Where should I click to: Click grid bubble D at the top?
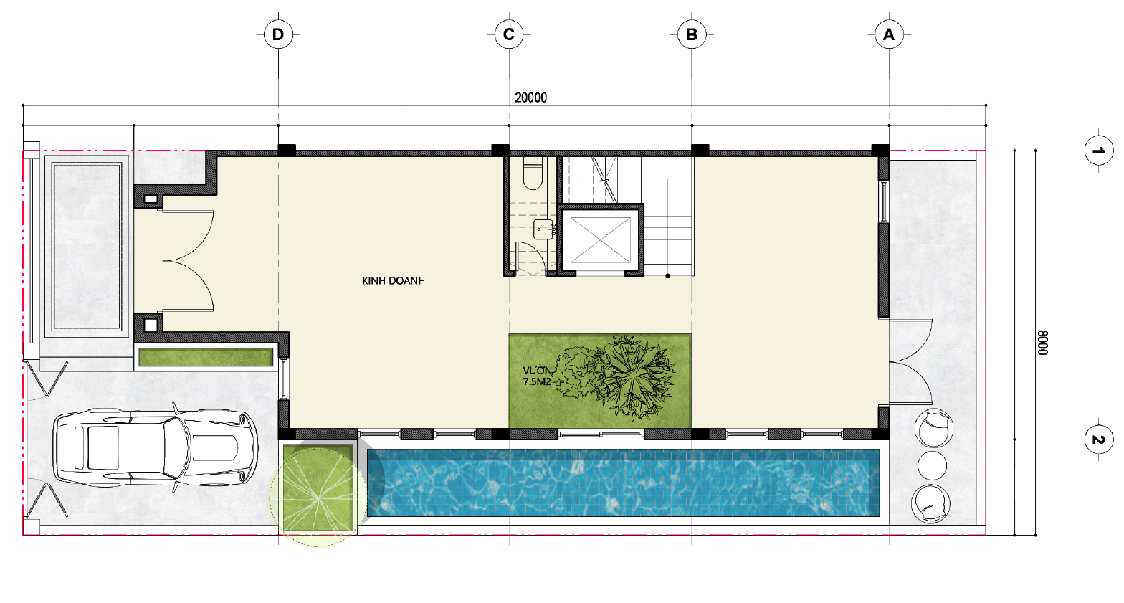(x=278, y=34)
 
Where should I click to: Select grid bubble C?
(x=508, y=34)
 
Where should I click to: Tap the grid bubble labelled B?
(x=692, y=34)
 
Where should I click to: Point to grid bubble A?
(x=889, y=34)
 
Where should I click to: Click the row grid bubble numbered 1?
(x=1098, y=150)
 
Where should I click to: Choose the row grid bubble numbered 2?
(x=1098, y=440)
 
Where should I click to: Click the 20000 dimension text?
(x=530, y=98)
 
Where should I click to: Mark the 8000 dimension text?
(x=1043, y=343)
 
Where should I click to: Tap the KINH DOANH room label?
(x=394, y=280)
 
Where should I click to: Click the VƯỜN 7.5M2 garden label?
(x=538, y=376)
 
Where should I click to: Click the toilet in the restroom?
(x=533, y=174)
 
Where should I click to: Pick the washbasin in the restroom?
(x=544, y=229)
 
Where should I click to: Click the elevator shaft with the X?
(x=600, y=240)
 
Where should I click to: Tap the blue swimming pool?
(x=624, y=483)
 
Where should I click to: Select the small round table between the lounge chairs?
(x=932, y=465)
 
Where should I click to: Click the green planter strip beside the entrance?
(x=206, y=358)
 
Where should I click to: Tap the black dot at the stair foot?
(x=668, y=275)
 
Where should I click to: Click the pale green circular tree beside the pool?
(x=318, y=498)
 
